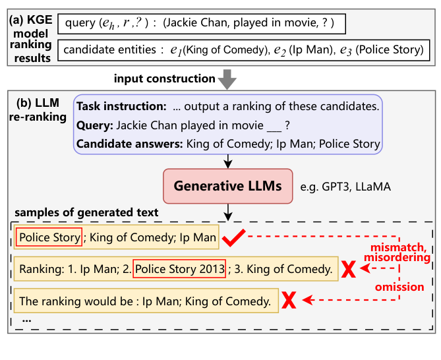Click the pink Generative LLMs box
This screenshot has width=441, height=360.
227,186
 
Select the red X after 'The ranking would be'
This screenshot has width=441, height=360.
288,301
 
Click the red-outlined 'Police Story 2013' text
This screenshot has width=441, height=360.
179,269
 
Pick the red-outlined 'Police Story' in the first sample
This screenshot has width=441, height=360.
50,237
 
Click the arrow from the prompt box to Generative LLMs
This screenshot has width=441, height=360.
227,162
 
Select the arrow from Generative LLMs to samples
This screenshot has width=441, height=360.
227,211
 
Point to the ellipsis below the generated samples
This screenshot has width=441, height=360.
26,318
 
